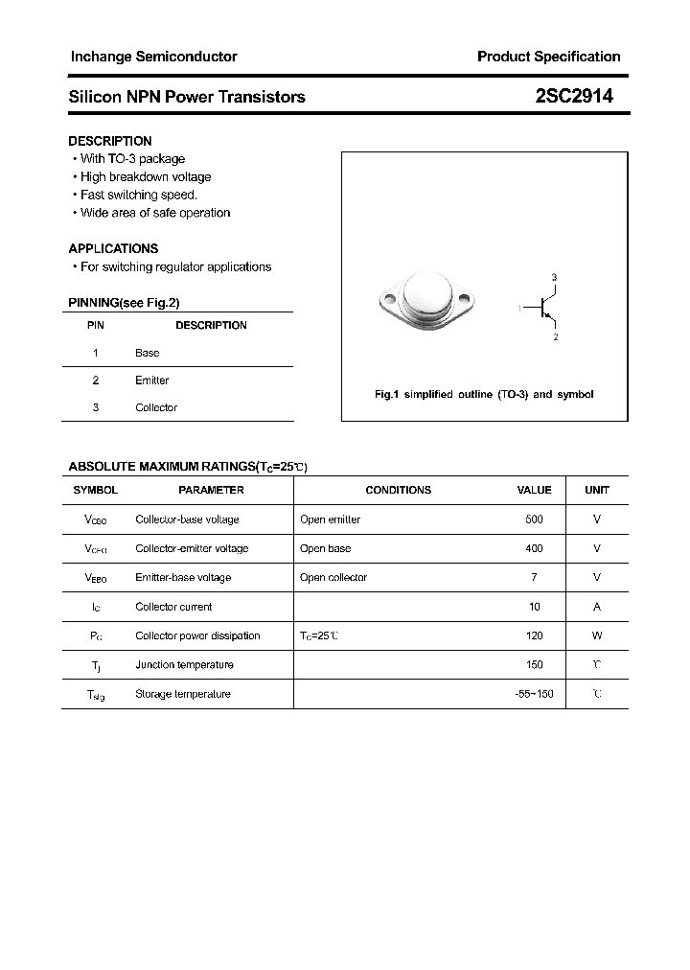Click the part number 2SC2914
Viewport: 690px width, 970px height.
[x=574, y=96]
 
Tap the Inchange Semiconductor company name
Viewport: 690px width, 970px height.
[x=153, y=57]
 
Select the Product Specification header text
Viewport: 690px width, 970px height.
[x=548, y=57]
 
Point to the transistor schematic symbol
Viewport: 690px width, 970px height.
[x=543, y=308]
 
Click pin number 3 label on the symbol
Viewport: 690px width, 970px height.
[x=554, y=277]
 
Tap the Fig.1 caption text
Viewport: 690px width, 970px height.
[x=483, y=395]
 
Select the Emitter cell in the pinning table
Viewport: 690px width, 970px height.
[x=151, y=381]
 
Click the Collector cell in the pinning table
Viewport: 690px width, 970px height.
[x=156, y=407]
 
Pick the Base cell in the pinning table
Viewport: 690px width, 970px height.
[x=147, y=353]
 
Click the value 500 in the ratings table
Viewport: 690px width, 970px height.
[x=534, y=520]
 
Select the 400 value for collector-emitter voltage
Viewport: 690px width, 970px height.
[x=534, y=548]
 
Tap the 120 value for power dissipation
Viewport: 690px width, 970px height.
[x=534, y=635]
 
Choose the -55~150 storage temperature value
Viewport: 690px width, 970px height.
[x=534, y=694]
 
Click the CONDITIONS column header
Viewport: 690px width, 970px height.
[x=398, y=490]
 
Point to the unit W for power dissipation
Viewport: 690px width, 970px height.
[x=597, y=635]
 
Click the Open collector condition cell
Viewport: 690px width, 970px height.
[x=333, y=577]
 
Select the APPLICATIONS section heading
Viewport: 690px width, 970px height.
[x=113, y=248]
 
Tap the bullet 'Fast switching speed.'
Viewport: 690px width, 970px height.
[x=138, y=195]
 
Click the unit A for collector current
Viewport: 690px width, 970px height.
[x=597, y=607]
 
